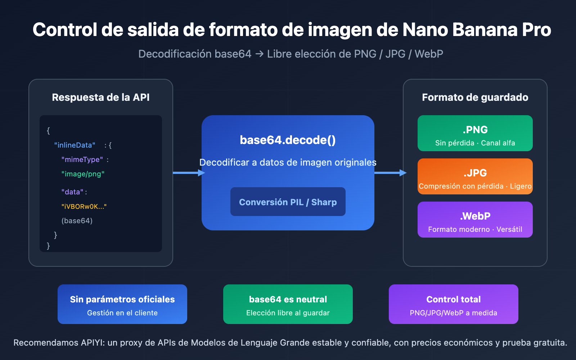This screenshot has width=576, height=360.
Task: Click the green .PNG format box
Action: [x=475, y=133]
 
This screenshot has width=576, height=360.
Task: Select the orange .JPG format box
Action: [x=475, y=176]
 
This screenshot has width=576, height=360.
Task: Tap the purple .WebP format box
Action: [x=475, y=220]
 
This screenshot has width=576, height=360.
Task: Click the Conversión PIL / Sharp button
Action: [x=288, y=202]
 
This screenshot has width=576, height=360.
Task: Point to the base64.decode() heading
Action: [x=288, y=140]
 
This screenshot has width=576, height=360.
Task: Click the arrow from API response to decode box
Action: [x=188, y=173]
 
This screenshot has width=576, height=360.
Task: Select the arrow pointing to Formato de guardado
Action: [x=390, y=173]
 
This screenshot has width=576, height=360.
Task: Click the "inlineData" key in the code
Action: [x=75, y=145]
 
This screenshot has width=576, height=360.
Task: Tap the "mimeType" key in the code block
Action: [x=82, y=159]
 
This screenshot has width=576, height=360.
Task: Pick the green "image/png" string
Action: [x=83, y=174]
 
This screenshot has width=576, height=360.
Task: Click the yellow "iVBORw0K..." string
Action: [x=84, y=206]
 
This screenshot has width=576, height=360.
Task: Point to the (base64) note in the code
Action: [x=77, y=221]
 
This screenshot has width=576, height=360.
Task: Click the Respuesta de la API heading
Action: [x=100, y=98]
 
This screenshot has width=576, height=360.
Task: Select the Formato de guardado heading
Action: [x=475, y=98]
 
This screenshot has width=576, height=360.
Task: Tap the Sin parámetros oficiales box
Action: [x=122, y=304]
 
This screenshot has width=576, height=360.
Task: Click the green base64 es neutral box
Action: [x=288, y=304]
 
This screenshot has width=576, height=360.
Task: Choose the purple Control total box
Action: [x=453, y=304]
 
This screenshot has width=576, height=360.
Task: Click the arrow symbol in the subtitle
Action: [x=259, y=54]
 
